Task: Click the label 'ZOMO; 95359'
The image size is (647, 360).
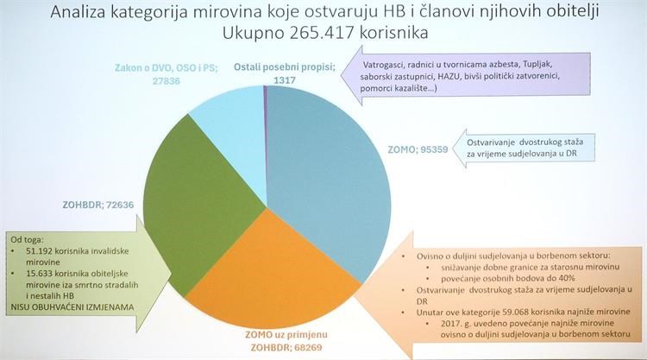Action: click(x=418, y=149)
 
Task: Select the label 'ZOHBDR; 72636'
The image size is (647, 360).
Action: click(x=98, y=205)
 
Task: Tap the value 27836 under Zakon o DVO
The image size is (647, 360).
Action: click(x=166, y=81)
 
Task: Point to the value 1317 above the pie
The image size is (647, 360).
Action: click(x=285, y=80)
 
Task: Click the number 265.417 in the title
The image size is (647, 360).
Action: click(x=323, y=33)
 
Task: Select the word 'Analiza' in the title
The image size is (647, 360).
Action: click(x=78, y=12)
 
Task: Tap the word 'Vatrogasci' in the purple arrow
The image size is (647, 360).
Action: click(x=384, y=65)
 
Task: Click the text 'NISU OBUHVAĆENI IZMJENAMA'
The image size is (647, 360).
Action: click(x=72, y=307)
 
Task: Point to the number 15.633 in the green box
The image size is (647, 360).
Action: click(x=39, y=274)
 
